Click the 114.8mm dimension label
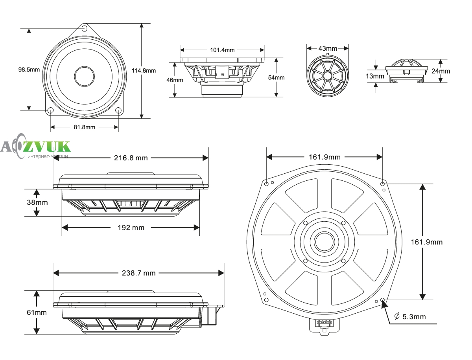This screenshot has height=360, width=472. [x=144, y=71]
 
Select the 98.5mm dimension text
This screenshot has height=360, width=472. [x=29, y=70]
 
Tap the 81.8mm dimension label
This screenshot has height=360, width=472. [x=84, y=127]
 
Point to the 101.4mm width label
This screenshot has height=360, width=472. [x=222, y=50]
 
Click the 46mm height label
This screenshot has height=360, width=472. [x=175, y=80]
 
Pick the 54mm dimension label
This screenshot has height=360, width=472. [x=277, y=77]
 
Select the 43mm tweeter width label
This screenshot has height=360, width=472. [x=328, y=49]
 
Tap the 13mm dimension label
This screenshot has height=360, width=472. [x=375, y=76]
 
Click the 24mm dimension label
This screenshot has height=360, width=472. [x=441, y=71]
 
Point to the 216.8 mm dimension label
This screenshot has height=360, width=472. [x=131, y=158]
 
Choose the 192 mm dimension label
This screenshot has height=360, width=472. [x=131, y=228]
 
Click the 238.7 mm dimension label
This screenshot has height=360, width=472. [x=139, y=273]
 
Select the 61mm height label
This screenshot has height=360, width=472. [x=37, y=312]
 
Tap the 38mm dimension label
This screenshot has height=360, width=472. [x=37, y=202]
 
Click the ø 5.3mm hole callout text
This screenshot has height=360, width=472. [x=410, y=317]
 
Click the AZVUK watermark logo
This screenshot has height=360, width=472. [x=35, y=147]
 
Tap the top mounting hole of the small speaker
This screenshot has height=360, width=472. [x=85, y=28]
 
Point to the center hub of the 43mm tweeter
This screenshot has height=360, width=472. [x=328, y=75]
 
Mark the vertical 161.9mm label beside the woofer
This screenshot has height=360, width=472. [x=427, y=242]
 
